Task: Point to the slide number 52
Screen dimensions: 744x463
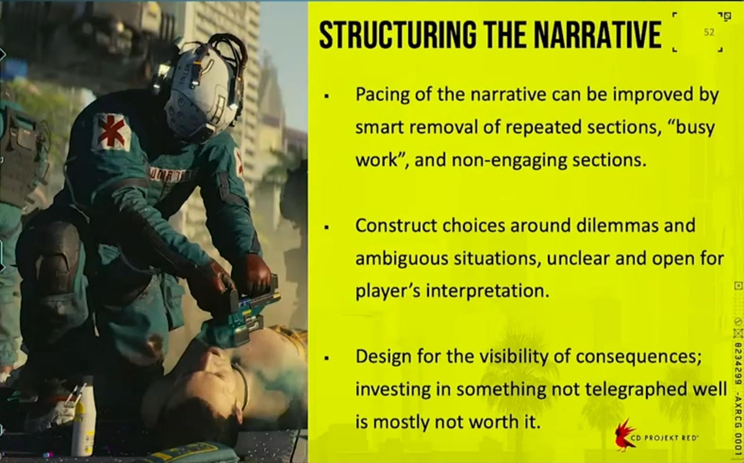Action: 709,32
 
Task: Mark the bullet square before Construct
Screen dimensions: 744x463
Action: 327,228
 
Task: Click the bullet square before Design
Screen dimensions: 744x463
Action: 327,359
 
